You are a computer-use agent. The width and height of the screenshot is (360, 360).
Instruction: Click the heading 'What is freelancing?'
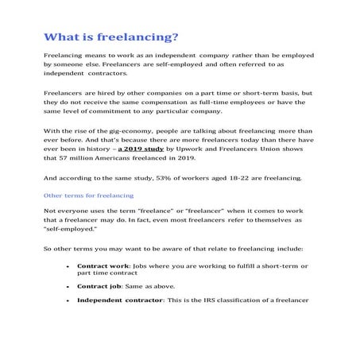110,37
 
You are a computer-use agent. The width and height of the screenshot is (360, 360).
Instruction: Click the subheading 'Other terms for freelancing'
87,195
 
